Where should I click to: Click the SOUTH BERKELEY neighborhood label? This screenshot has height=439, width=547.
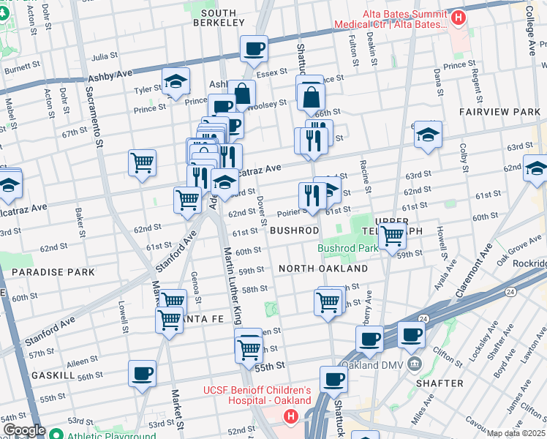pos(218,18)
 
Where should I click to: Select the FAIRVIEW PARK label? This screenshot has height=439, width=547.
pos(499,112)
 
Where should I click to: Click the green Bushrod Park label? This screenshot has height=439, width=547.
pos(348,248)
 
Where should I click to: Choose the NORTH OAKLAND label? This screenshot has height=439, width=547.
pos(322,269)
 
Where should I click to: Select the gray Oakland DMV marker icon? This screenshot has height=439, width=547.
pos(415,365)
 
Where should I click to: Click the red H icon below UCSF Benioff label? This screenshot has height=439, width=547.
pos(290,417)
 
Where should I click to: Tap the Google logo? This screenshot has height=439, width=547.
pos(24,431)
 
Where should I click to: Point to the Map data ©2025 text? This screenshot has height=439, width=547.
pos(516,433)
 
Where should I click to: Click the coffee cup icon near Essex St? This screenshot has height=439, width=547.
pos(254,49)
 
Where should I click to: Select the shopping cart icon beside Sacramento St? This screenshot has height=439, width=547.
pos(142,162)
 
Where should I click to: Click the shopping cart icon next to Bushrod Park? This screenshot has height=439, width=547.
pos(393,235)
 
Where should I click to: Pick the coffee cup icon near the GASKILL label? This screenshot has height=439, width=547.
pos(142,373)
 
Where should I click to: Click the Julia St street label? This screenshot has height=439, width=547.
pos(105,56)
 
